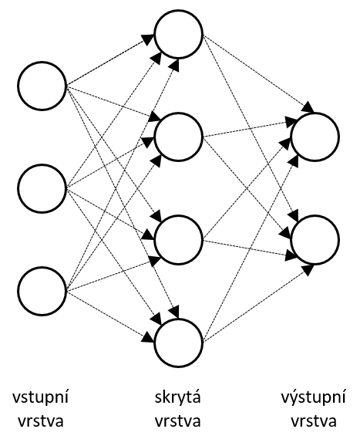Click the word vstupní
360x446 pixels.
[x=40, y=398]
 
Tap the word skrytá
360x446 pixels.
[x=178, y=398]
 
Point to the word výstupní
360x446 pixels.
[x=314, y=398]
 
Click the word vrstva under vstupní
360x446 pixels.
[x=41, y=421]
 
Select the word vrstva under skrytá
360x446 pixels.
[x=178, y=421]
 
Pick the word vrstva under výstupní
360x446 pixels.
[x=314, y=421]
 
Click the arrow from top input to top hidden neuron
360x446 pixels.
[x=110, y=60]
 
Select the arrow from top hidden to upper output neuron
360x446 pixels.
[x=258, y=74]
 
